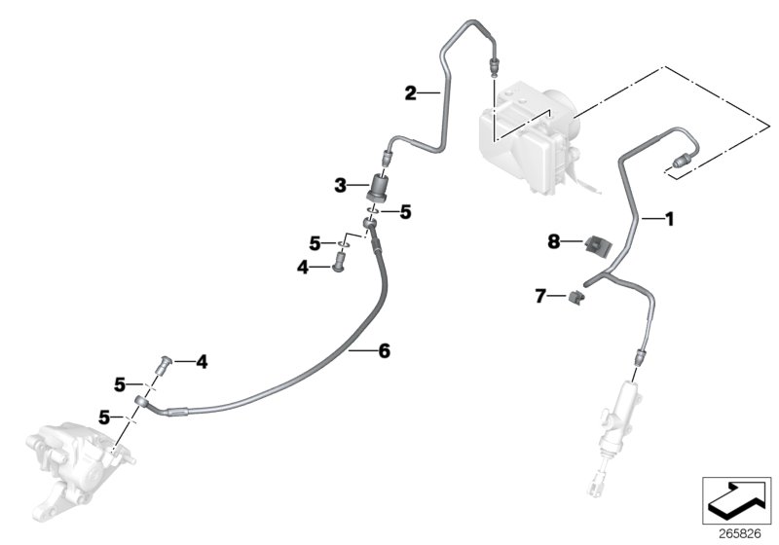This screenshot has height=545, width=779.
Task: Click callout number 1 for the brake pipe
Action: (x=669, y=219)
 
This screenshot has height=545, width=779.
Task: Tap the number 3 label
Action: (x=340, y=184)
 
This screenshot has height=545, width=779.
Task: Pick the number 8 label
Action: (x=553, y=240)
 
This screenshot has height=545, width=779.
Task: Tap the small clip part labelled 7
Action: (x=576, y=295)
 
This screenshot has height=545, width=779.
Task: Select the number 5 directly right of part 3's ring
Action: (x=406, y=210)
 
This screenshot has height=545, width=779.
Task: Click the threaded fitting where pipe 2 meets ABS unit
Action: (x=494, y=66)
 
